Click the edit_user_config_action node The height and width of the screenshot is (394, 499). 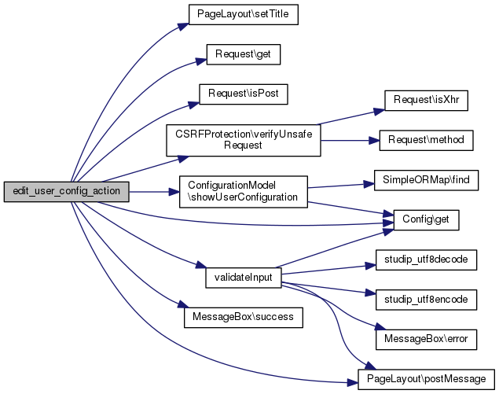[65, 192]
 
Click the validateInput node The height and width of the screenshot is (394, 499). [243, 278]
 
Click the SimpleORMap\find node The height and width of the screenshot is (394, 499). [425, 180]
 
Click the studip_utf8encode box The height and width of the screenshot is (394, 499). [425, 300]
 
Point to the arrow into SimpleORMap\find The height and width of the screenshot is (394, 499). [338, 186]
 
